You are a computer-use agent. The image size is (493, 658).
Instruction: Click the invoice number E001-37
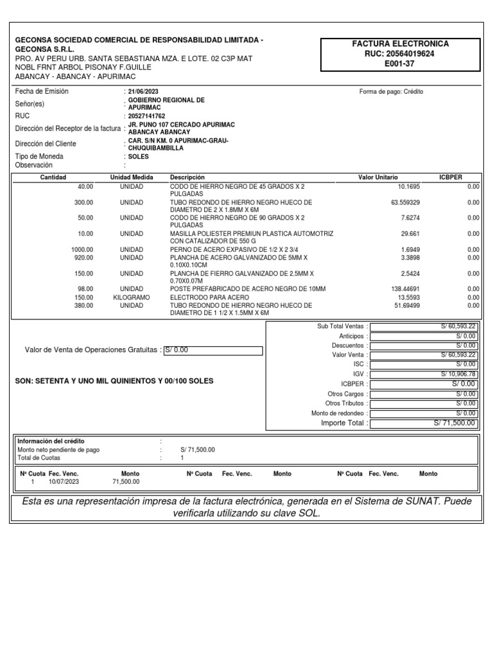pos(401,64)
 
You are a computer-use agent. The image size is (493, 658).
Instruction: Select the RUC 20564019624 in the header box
pos(401,54)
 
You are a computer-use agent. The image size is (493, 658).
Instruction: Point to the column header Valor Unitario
pos(377,177)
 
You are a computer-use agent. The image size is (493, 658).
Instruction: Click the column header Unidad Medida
pos(132,177)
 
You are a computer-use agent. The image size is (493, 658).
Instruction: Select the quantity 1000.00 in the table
pos(82,249)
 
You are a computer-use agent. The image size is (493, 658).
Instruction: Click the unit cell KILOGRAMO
pos(132,298)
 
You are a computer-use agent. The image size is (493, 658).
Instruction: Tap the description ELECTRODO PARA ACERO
pos(209,298)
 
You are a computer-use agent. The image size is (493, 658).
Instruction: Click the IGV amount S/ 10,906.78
pos(458,374)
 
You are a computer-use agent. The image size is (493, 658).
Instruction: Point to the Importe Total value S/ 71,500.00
pos(454,423)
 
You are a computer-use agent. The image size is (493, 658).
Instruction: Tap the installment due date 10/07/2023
pos(62,481)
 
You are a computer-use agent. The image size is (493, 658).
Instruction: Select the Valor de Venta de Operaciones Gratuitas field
pos(213,350)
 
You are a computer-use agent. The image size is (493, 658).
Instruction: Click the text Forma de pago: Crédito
pos(391,92)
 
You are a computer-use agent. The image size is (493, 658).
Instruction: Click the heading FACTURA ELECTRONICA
pos(401,44)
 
